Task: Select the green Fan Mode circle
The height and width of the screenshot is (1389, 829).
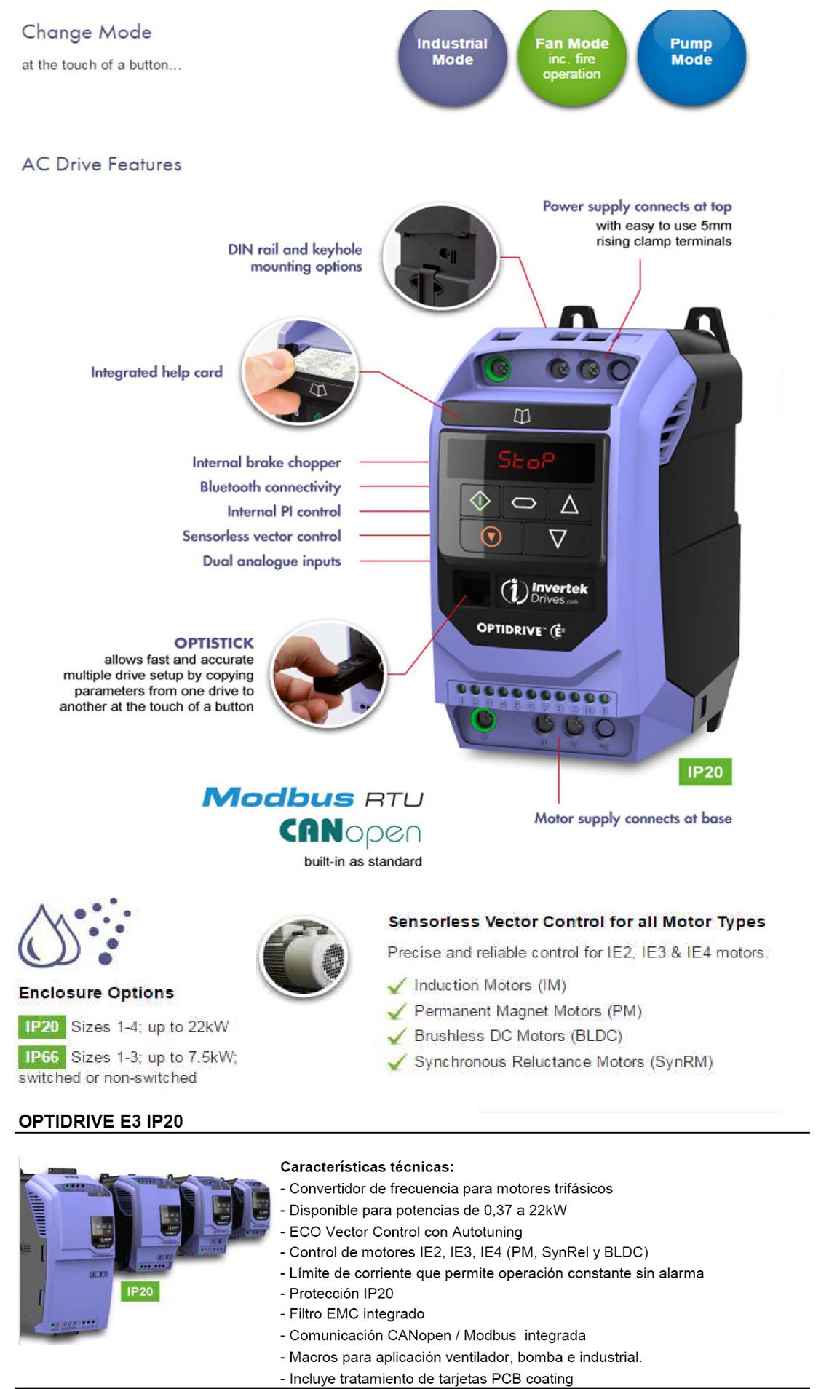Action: pos(571,57)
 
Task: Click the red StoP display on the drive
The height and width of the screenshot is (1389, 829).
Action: pos(526,460)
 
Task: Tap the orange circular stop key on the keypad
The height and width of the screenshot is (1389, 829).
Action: pos(491,537)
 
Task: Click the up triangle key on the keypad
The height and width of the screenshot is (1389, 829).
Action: pos(569,504)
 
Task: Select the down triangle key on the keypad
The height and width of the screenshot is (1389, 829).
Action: pos(558,539)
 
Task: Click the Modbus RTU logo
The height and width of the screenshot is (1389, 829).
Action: pos(313,798)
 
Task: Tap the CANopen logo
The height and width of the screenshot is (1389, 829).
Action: pos(350,833)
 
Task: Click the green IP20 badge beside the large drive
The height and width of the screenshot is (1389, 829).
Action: pos(705,772)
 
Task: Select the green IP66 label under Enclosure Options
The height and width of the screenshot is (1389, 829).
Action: pos(41,1057)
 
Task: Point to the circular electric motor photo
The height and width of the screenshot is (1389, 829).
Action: pos(304,957)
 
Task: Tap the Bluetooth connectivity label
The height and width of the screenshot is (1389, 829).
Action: pos(270,487)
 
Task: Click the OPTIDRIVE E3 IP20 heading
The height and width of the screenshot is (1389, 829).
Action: pos(100,1122)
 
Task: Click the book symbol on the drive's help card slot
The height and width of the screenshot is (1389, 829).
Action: pos(522,416)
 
